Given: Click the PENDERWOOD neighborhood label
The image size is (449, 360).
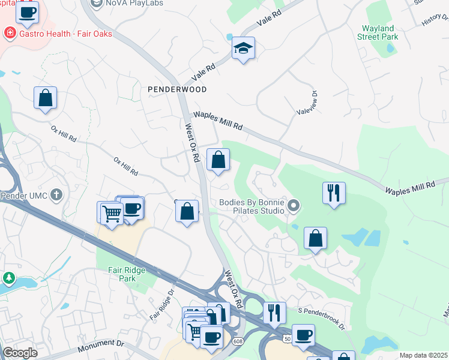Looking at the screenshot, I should point(177,89).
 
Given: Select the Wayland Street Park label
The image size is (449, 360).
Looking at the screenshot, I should point(378,32).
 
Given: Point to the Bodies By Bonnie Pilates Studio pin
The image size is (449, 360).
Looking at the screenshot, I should point(294,207).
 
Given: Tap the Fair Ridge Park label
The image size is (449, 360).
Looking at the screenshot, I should point(123,274).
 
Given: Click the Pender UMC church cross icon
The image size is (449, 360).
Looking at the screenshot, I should point(56,194).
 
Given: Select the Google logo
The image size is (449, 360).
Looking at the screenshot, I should point(20,353).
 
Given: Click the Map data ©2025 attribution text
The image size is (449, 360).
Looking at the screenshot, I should point(424,355).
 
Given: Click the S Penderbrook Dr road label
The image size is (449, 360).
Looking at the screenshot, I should point(322,319).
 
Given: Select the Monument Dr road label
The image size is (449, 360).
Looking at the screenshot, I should point(100,345).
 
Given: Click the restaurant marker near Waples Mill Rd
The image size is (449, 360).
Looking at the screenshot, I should point(334,193).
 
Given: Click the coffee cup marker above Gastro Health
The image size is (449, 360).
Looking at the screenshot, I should point(27,12).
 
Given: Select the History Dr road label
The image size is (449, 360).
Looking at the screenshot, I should point(434,20).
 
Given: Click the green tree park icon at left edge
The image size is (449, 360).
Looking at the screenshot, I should point(8,278).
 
